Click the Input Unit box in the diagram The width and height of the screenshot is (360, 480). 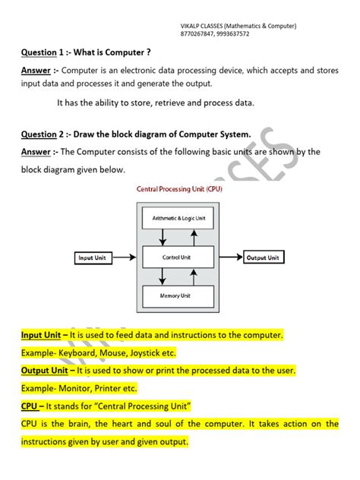tap(93, 258)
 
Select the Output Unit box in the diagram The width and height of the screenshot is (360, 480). tap(263, 258)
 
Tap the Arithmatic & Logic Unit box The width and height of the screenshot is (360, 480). tap(178, 218)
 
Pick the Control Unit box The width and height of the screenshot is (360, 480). tap(178, 258)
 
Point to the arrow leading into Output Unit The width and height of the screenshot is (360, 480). tap(229, 258)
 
